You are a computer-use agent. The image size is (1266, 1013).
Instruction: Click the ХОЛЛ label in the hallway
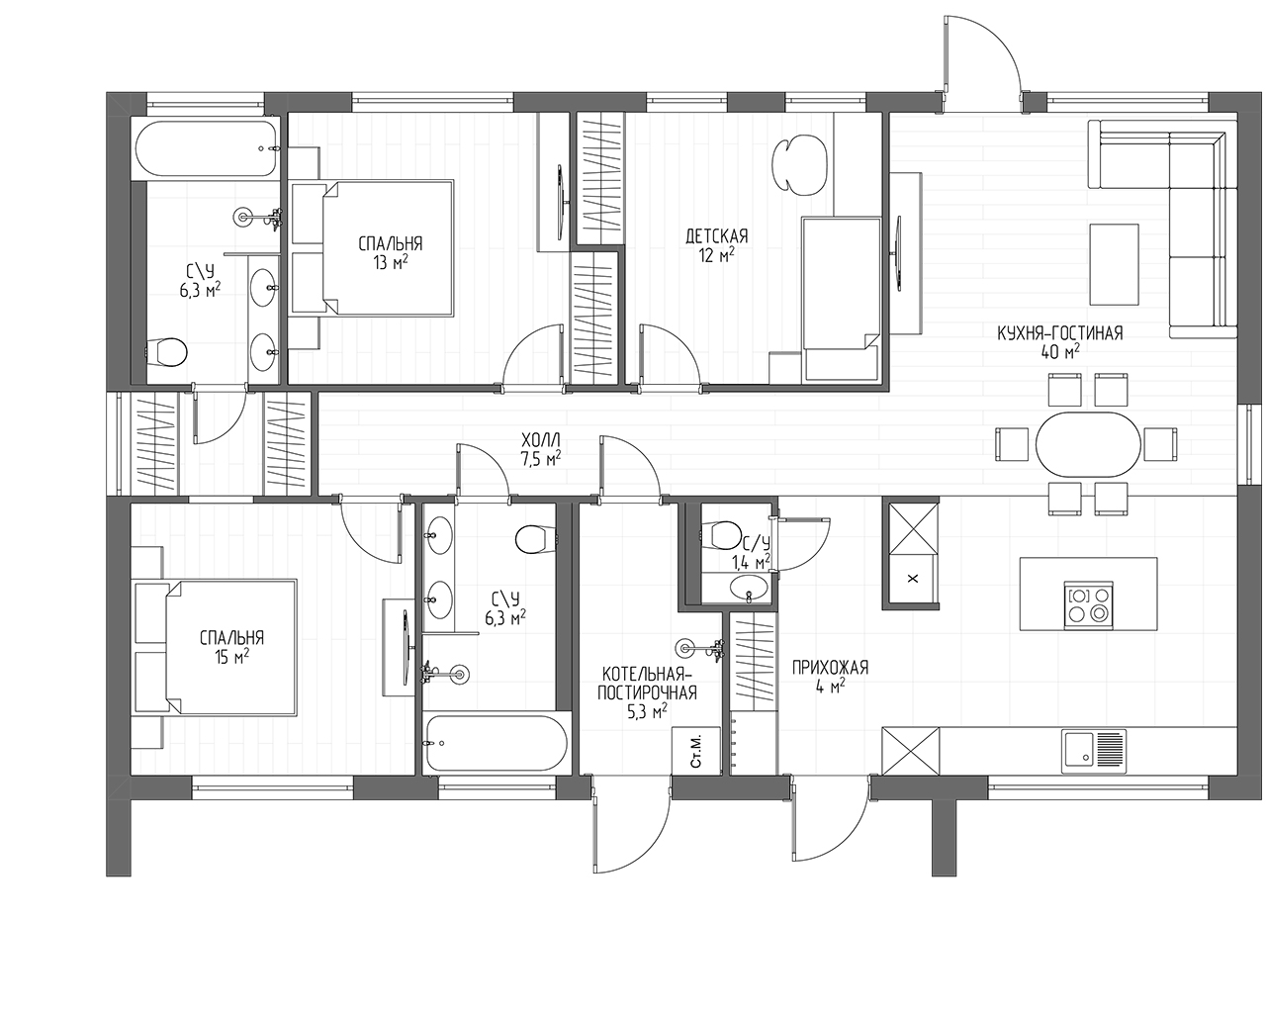point(541,440)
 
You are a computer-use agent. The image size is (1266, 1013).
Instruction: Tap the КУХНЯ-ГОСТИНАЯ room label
point(1059,333)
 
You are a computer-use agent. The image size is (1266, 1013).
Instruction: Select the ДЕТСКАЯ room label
point(716,236)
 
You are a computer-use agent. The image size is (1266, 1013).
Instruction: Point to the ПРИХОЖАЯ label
point(830,668)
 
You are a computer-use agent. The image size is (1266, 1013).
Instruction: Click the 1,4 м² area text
point(751,562)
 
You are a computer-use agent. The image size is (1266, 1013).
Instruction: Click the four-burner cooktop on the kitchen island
point(1090,605)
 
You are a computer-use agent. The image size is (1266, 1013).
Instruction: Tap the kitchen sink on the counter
point(1094,751)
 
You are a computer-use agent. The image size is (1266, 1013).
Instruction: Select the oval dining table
point(1088,444)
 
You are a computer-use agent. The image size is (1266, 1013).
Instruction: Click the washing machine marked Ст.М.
point(696,751)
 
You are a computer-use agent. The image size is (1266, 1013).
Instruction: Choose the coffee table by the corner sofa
point(1115,264)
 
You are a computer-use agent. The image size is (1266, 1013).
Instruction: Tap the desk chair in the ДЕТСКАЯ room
point(799,165)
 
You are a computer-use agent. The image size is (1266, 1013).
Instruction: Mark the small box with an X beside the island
point(913,578)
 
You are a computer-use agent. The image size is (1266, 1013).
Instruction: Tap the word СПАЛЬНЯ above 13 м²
point(391,243)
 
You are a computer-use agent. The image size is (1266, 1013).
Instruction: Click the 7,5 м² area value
point(541,459)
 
